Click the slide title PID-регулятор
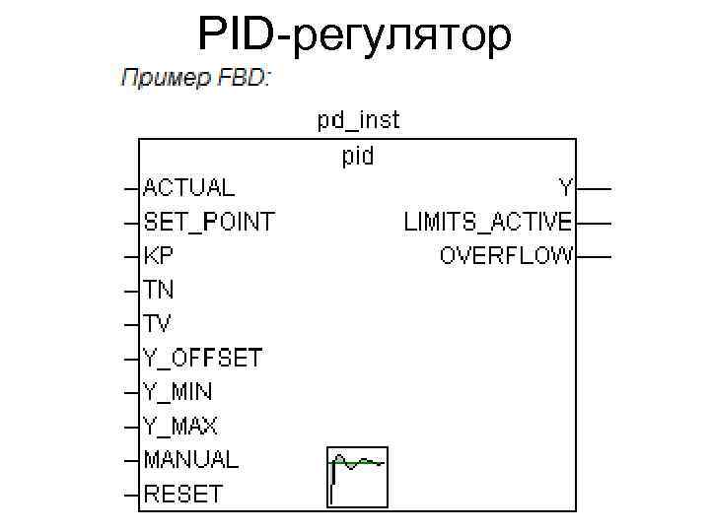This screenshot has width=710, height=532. (x=355, y=35)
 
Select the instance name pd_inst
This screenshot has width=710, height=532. (x=358, y=121)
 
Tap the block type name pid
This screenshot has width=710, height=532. (x=358, y=156)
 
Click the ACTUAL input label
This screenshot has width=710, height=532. (x=189, y=187)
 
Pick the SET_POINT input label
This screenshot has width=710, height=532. (x=209, y=221)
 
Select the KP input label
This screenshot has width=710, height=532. (x=160, y=255)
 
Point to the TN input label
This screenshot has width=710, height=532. (x=160, y=290)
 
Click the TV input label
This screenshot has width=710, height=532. (x=159, y=323)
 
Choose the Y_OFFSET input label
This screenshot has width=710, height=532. (x=203, y=358)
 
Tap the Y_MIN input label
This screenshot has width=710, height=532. (x=177, y=391)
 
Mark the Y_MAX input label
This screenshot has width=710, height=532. (x=180, y=426)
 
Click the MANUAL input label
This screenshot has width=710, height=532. (x=190, y=459)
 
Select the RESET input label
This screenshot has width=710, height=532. (x=183, y=494)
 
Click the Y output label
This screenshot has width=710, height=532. (x=566, y=187)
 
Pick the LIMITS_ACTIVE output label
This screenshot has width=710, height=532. (x=488, y=221)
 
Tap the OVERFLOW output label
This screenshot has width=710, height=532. (x=506, y=255)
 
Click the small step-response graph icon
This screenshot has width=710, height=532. (x=357, y=476)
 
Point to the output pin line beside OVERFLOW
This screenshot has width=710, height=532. (x=594, y=256)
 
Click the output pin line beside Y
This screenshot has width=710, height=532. (x=594, y=187)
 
